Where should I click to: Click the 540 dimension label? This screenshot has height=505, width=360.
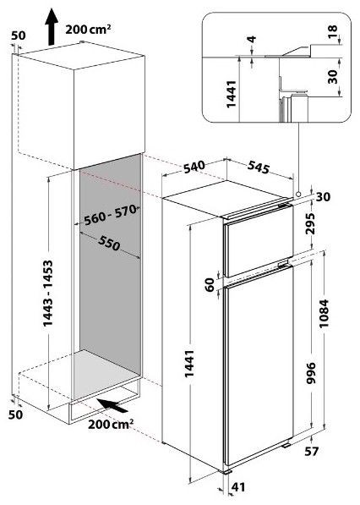(194, 167)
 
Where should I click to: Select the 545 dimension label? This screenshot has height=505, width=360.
(259, 167)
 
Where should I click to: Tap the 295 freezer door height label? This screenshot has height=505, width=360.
(310, 223)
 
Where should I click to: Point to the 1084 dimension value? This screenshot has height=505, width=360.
(324, 313)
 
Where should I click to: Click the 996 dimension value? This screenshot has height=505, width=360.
(311, 373)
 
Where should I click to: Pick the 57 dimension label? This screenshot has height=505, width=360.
(311, 451)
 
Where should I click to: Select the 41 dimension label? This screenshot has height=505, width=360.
(238, 487)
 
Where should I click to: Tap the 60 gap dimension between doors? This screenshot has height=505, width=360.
(210, 285)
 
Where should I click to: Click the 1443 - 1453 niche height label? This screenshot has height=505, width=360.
(47, 293)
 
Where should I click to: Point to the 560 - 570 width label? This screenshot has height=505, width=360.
(111, 215)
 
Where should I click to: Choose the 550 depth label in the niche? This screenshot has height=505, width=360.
(109, 243)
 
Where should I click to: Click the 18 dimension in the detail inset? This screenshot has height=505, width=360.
(332, 31)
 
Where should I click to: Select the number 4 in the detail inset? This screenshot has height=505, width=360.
(252, 39)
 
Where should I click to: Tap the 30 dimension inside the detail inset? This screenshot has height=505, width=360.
(332, 77)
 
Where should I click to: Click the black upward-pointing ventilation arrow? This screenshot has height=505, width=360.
(52, 27)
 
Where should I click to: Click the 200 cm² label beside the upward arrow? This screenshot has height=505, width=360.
(88, 30)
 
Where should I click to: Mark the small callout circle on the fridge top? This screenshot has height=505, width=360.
(298, 195)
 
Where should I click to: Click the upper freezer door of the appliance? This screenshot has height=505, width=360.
(258, 240)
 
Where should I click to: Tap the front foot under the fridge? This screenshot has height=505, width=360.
(227, 471)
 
